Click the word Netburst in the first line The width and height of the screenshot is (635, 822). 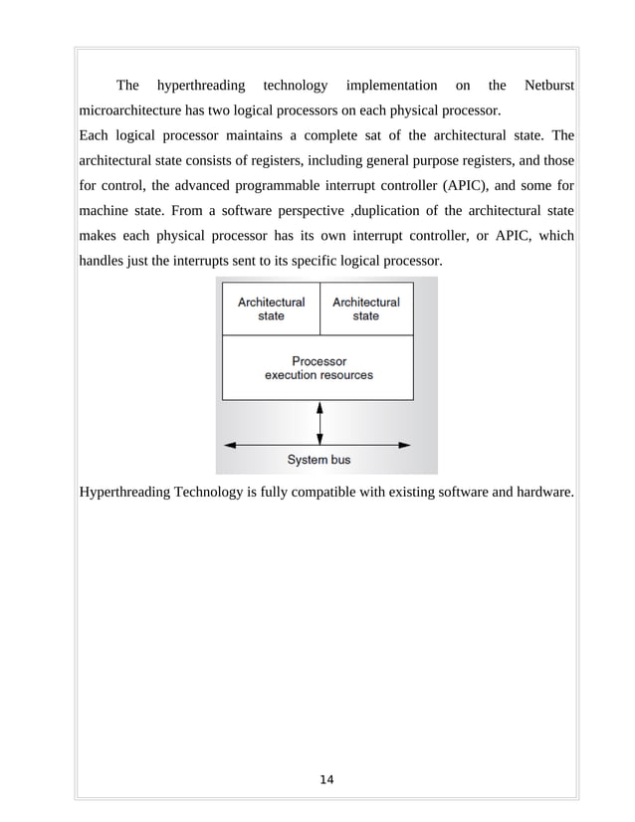click(548, 86)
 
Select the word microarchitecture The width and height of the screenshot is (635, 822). click(134, 109)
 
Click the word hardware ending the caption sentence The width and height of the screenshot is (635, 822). click(543, 491)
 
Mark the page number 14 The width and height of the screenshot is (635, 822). click(326, 778)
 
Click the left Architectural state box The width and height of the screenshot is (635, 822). click(271, 308)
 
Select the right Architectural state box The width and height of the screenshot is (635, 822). click(365, 308)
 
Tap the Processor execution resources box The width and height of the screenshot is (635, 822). click(317, 367)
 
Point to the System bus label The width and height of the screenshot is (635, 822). click(318, 460)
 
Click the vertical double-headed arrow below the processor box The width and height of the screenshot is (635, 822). click(318, 422)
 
